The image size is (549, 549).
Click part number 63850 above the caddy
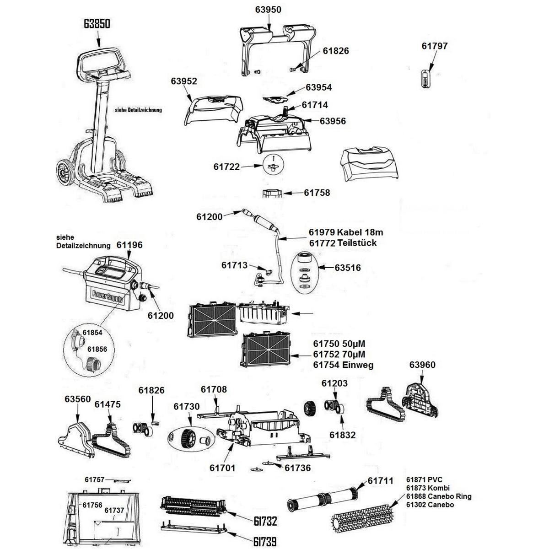(97, 24)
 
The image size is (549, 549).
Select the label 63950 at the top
(268, 10)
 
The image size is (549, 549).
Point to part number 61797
(434, 46)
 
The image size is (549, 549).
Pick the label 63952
(184, 81)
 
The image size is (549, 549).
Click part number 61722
(226, 167)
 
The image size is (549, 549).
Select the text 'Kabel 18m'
(358, 232)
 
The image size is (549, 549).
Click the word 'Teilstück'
(357, 243)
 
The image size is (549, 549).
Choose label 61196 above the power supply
(129, 245)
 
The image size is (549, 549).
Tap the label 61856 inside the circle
(97, 349)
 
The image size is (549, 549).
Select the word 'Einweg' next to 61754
(357, 365)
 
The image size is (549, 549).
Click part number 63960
(422, 365)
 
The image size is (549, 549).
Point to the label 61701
(222, 468)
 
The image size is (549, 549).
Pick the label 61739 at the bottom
(265, 542)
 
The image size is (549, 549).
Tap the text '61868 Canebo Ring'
(438, 496)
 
